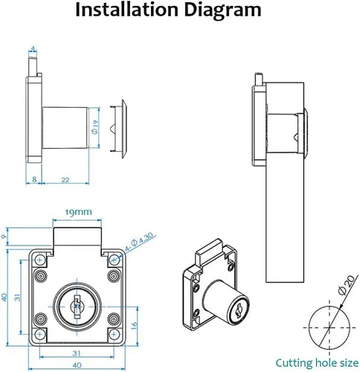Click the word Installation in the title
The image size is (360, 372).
click(127, 10)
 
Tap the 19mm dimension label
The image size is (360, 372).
click(78, 212)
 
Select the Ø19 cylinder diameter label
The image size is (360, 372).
click(94, 127)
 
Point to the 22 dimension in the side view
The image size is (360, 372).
click(65, 179)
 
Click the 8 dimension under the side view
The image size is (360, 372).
click(34, 179)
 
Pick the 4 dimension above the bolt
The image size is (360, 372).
click(33, 48)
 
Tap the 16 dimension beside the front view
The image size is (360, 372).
click(134, 325)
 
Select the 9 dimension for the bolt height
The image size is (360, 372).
click(4, 237)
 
